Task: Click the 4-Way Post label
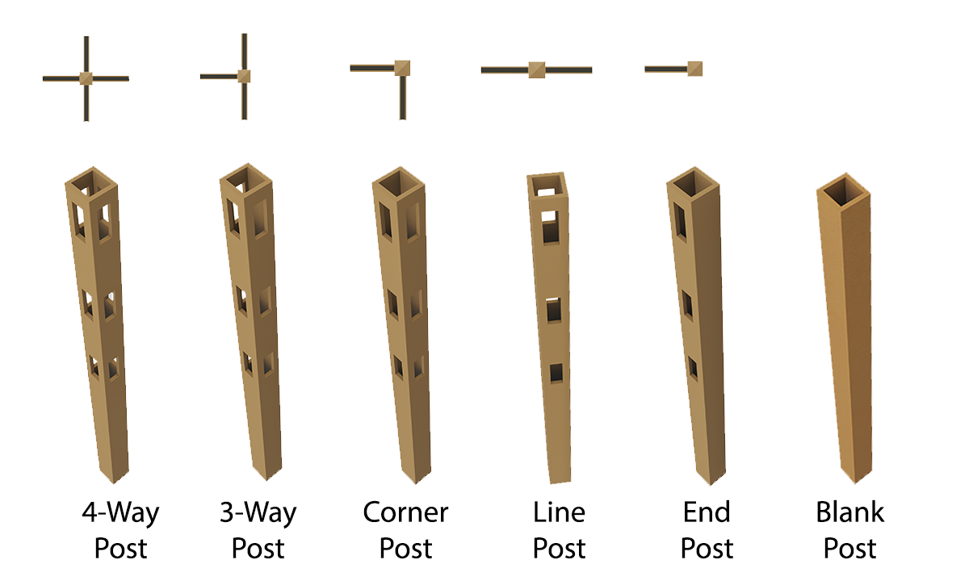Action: [x=120, y=530]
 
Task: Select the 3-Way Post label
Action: [x=258, y=530]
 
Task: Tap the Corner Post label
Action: [x=405, y=530]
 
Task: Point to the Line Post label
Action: [x=559, y=530]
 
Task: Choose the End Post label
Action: [x=707, y=530]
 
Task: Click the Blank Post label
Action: [x=849, y=530]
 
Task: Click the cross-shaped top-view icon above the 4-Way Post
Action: [x=86, y=78]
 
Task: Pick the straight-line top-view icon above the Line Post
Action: [x=536, y=70]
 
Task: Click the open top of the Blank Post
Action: [x=844, y=192]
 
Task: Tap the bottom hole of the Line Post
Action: [x=556, y=373]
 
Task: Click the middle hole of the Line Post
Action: [x=552, y=310]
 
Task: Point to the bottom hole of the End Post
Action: [x=693, y=368]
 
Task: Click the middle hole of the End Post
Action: [x=687, y=305]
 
